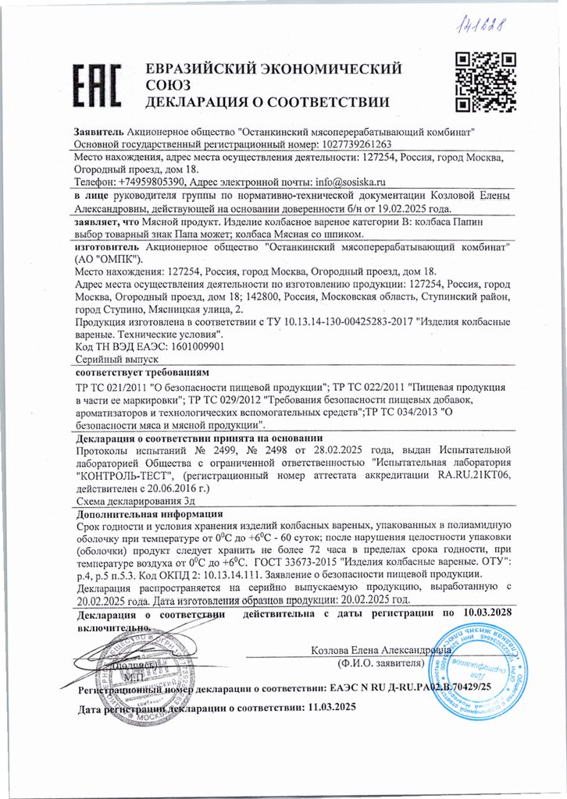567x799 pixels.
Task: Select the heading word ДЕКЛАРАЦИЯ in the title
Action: point(197,102)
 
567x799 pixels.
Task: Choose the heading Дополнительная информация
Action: point(149,514)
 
